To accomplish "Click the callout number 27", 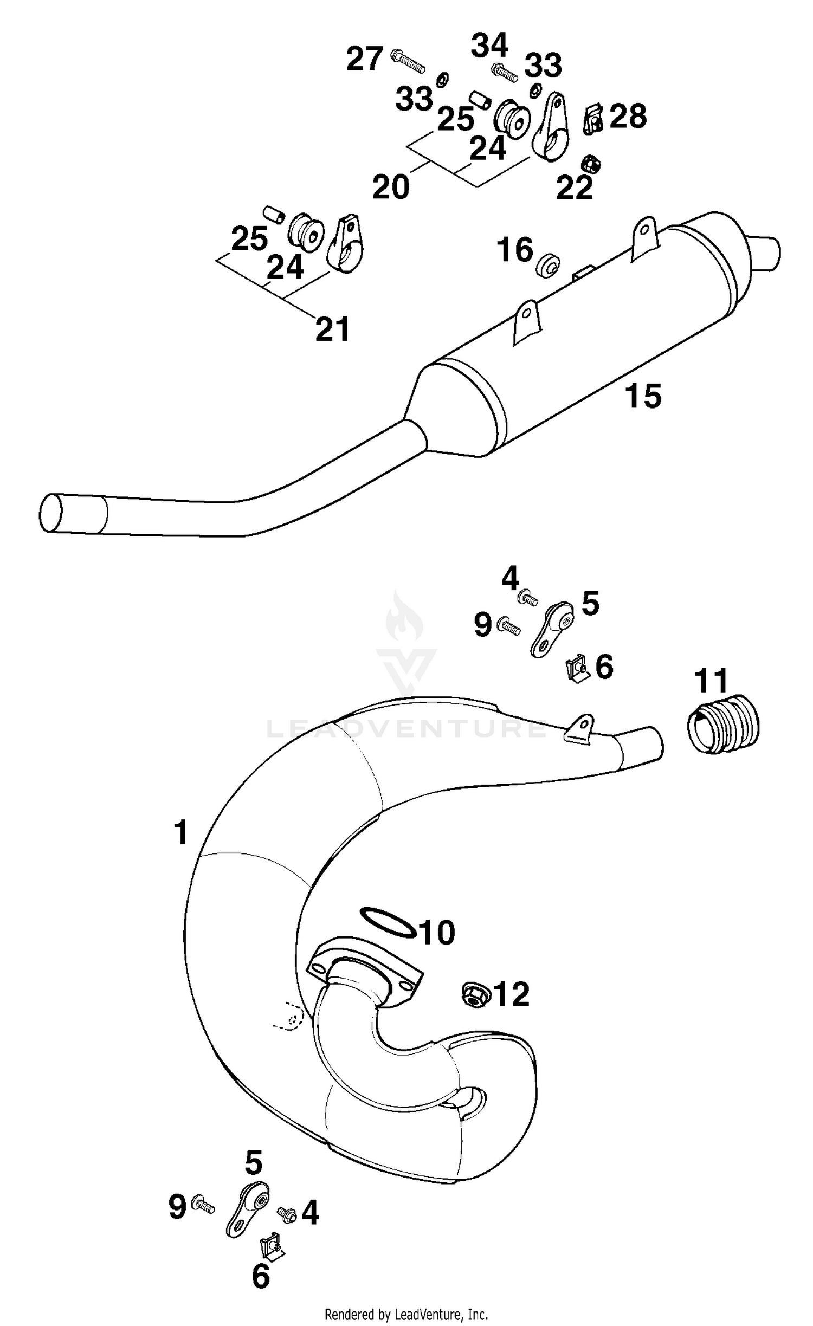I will tap(365, 59).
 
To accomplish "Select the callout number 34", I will tap(489, 46).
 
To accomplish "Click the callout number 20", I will tap(391, 187).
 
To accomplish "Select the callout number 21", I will tap(333, 329).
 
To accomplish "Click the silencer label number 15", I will tap(643, 396).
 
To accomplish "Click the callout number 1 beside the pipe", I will tap(181, 832).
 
